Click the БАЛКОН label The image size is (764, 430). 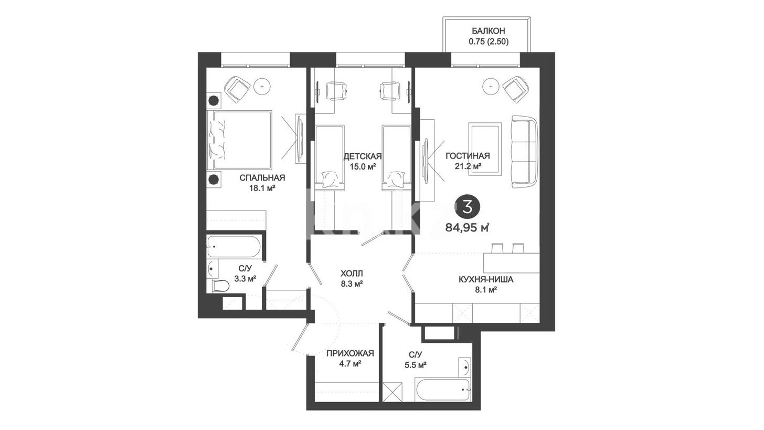pyautogui.click(x=488, y=31)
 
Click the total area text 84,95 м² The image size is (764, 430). pyautogui.click(x=468, y=227)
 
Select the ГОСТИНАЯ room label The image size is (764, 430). pyautogui.click(x=468, y=156)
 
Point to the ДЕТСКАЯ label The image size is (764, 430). pyautogui.click(x=362, y=156)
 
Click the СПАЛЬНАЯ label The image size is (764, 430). pyautogui.click(x=262, y=178)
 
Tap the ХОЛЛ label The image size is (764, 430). pyautogui.click(x=352, y=274)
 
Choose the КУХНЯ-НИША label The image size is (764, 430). pyautogui.click(x=486, y=280)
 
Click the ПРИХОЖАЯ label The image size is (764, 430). pyautogui.click(x=351, y=353)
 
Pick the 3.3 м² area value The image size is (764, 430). pyautogui.click(x=245, y=279)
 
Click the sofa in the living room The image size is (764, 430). pyautogui.click(x=525, y=152)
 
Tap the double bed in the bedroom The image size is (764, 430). pyautogui.click(x=239, y=140)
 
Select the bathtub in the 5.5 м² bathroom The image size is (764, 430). pyautogui.click(x=442, y=390)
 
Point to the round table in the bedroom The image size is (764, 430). pyautogui.click(x=262, y=87)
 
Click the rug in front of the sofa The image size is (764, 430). pyautogui.click(x=485, y=149)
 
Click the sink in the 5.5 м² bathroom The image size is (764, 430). pyautogui.click(x=464, y=368)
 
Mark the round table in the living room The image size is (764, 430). pyautogui.click(x=491, y=87)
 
